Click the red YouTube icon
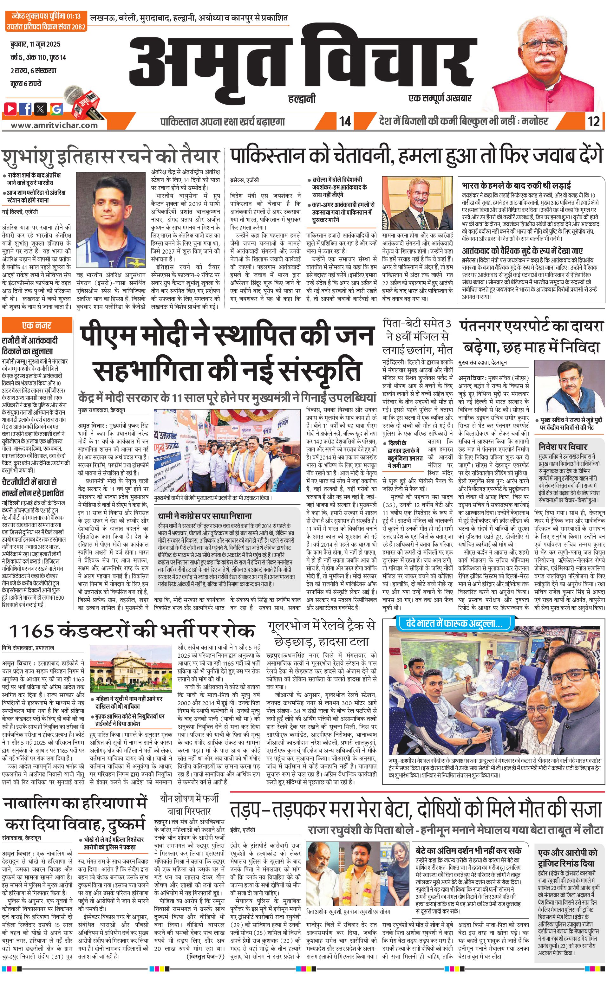click(x=10, y=108)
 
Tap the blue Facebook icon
click(x=26, y=108)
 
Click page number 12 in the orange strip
click(x=594, y=121)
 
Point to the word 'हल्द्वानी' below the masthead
click(x=302, y=98)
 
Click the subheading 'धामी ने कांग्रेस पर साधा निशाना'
click(x=205, y=516)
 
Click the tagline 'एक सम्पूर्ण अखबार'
click(x=440, y=98)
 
